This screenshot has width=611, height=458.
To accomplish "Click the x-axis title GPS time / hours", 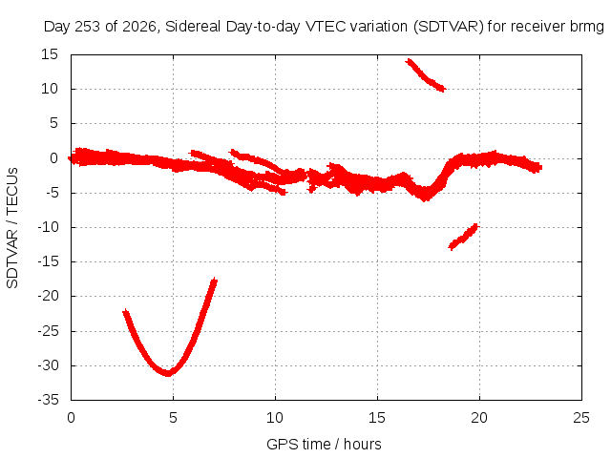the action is (324, 444).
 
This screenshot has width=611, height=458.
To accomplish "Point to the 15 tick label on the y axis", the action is (50, 54).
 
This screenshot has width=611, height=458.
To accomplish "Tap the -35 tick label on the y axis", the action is (48, 400).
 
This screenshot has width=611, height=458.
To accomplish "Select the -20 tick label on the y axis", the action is (48, 296).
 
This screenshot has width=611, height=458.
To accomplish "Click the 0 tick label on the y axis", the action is (54, 158).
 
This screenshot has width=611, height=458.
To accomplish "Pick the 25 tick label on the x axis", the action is (581, 418).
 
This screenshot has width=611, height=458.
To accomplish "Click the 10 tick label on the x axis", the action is (275, 418).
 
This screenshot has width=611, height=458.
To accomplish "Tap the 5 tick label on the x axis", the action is (173, 418).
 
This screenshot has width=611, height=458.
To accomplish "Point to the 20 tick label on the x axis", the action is (479, 418).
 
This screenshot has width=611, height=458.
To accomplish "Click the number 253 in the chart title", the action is (88, 27).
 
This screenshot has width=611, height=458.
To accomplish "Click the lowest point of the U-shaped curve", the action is (168, 374).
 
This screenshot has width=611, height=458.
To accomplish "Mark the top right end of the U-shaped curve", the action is (214, 280).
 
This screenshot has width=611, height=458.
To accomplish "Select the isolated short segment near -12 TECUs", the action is (463, 237).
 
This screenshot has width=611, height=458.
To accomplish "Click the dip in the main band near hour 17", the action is (425, 194).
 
